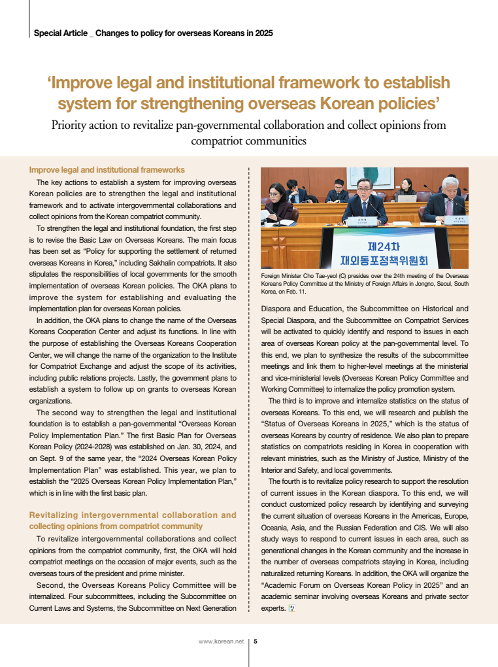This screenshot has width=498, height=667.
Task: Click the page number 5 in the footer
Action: point(255,641)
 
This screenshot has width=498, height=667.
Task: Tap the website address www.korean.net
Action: point(221,641)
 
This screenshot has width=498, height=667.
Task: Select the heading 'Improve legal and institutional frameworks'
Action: point(107,170)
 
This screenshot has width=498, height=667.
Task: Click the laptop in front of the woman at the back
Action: point(408,197)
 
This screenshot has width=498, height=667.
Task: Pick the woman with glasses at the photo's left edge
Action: point(278,203)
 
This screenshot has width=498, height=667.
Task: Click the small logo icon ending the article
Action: point(292,608)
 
